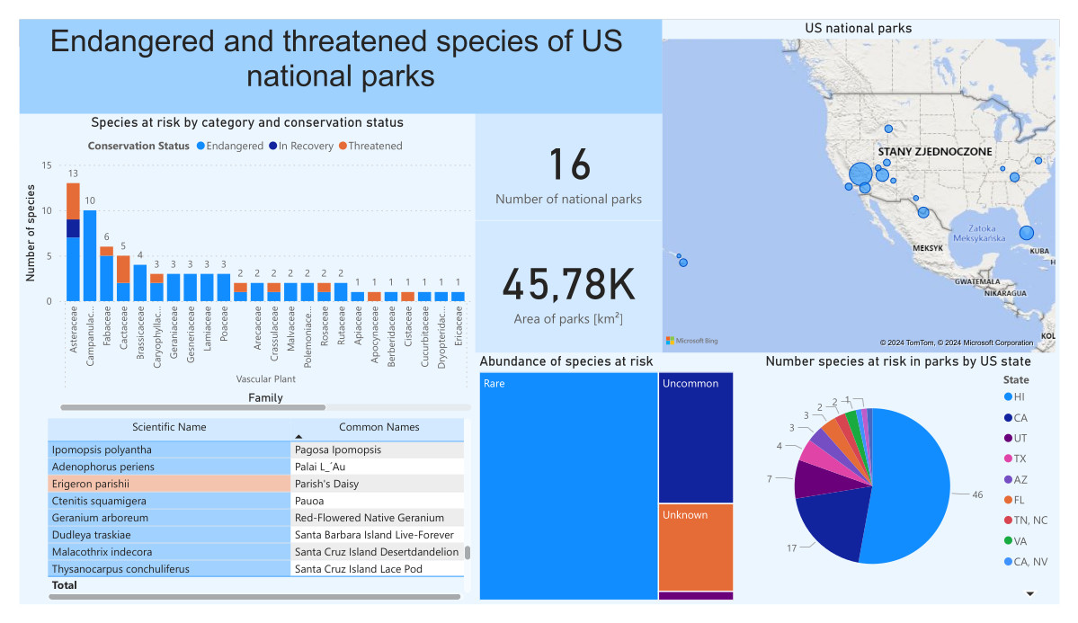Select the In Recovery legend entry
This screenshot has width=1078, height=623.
(305, 146)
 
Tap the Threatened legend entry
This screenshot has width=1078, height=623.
(374, 146)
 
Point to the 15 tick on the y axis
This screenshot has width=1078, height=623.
(46, 165)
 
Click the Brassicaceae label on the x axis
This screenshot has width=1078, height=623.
(139, 332)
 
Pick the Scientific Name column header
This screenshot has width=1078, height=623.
(169, 427)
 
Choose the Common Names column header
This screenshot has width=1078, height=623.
(379, 427)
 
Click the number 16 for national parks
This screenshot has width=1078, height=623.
(568, 165)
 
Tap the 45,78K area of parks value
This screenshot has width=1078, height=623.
(568, 286)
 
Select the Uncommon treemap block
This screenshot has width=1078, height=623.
(695, 437)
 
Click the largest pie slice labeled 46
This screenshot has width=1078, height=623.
(908, 485)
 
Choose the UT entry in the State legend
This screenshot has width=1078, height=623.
(1019, 438)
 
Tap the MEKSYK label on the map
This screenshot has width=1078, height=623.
(927, 247)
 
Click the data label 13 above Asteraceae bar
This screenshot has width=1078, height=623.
(73, 174)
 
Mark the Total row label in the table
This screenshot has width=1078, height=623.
(65, 585)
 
